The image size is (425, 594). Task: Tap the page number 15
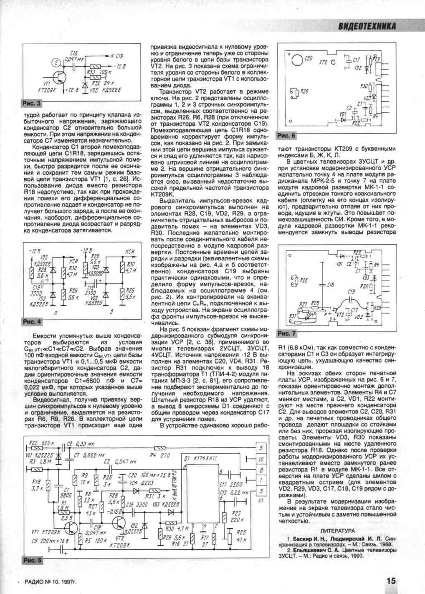(391, 581)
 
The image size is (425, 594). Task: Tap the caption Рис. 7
(287, 334)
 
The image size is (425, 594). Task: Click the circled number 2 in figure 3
(55, 63)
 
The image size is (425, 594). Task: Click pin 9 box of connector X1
(261, 447)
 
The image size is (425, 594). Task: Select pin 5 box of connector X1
(261, 491)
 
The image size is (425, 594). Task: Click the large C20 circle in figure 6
(296, 60)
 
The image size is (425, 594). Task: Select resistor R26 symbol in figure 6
(295, 91)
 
